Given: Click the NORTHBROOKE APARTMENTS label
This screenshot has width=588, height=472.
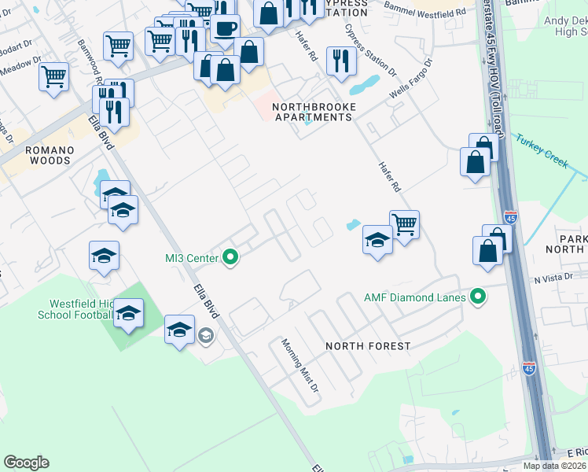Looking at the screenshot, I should pyautogui.click(x=313, y=112).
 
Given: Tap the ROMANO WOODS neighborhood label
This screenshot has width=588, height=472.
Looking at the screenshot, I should pyautogui.click(x=48, y=154).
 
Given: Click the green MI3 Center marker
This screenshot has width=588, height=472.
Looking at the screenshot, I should pyautogui.click(x=230, y=257).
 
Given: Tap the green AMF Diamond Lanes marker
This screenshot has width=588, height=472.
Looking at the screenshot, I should pyautogui.click(x=476, y=297).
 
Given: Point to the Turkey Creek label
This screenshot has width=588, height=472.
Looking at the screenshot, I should pyautogui.click(x=542, y=150).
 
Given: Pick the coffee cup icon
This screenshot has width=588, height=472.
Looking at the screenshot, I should pyautogui.click(x=226, y=28).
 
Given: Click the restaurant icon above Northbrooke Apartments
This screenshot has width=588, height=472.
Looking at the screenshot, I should pyautogui.click(x=340, y=61).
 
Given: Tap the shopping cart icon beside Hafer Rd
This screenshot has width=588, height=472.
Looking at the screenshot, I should pyautogui.click(x=404, y=223).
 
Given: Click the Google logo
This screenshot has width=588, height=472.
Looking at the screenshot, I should pyautogui.click(x=26, y=463).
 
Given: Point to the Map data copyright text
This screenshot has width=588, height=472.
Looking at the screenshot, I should pyautogui.click(x=554, y=466).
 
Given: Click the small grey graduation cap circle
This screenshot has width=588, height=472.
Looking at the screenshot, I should pyautogui.click(x=205, y=337).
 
